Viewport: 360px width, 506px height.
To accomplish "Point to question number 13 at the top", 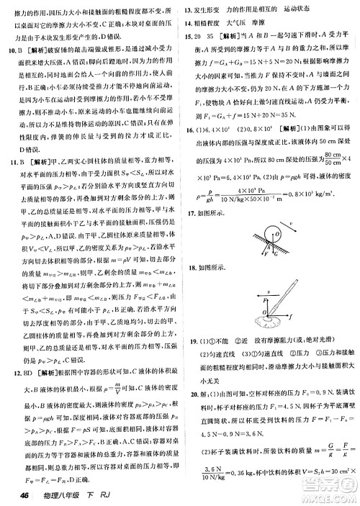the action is click(x=189, y=10).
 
